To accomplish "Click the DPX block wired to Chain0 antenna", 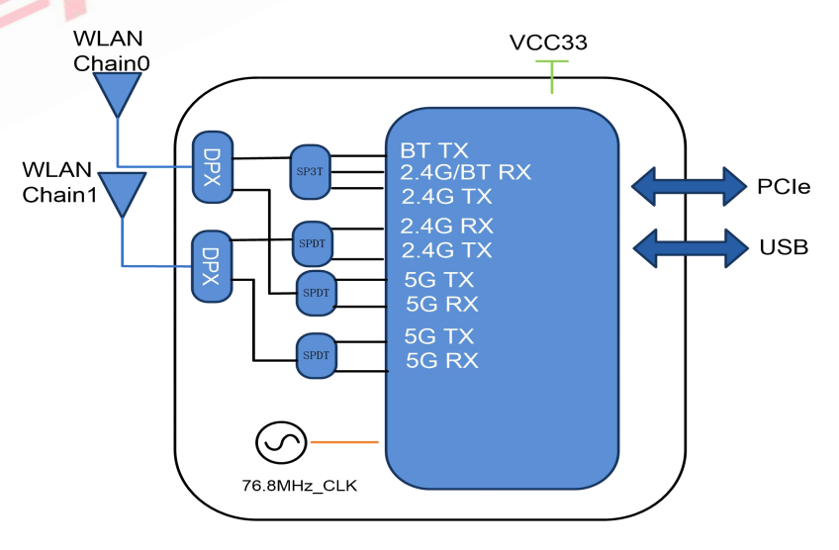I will click(211, 166).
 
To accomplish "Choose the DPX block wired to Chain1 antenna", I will click(210, 265).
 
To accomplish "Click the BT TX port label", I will click(434, 151).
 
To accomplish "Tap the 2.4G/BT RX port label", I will click(466, 172).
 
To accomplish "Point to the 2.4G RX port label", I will click(447, 225).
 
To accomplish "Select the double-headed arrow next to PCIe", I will click(689, 185).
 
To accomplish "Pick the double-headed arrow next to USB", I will click(689, 247).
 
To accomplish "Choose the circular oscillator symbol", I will click(280, 442).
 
